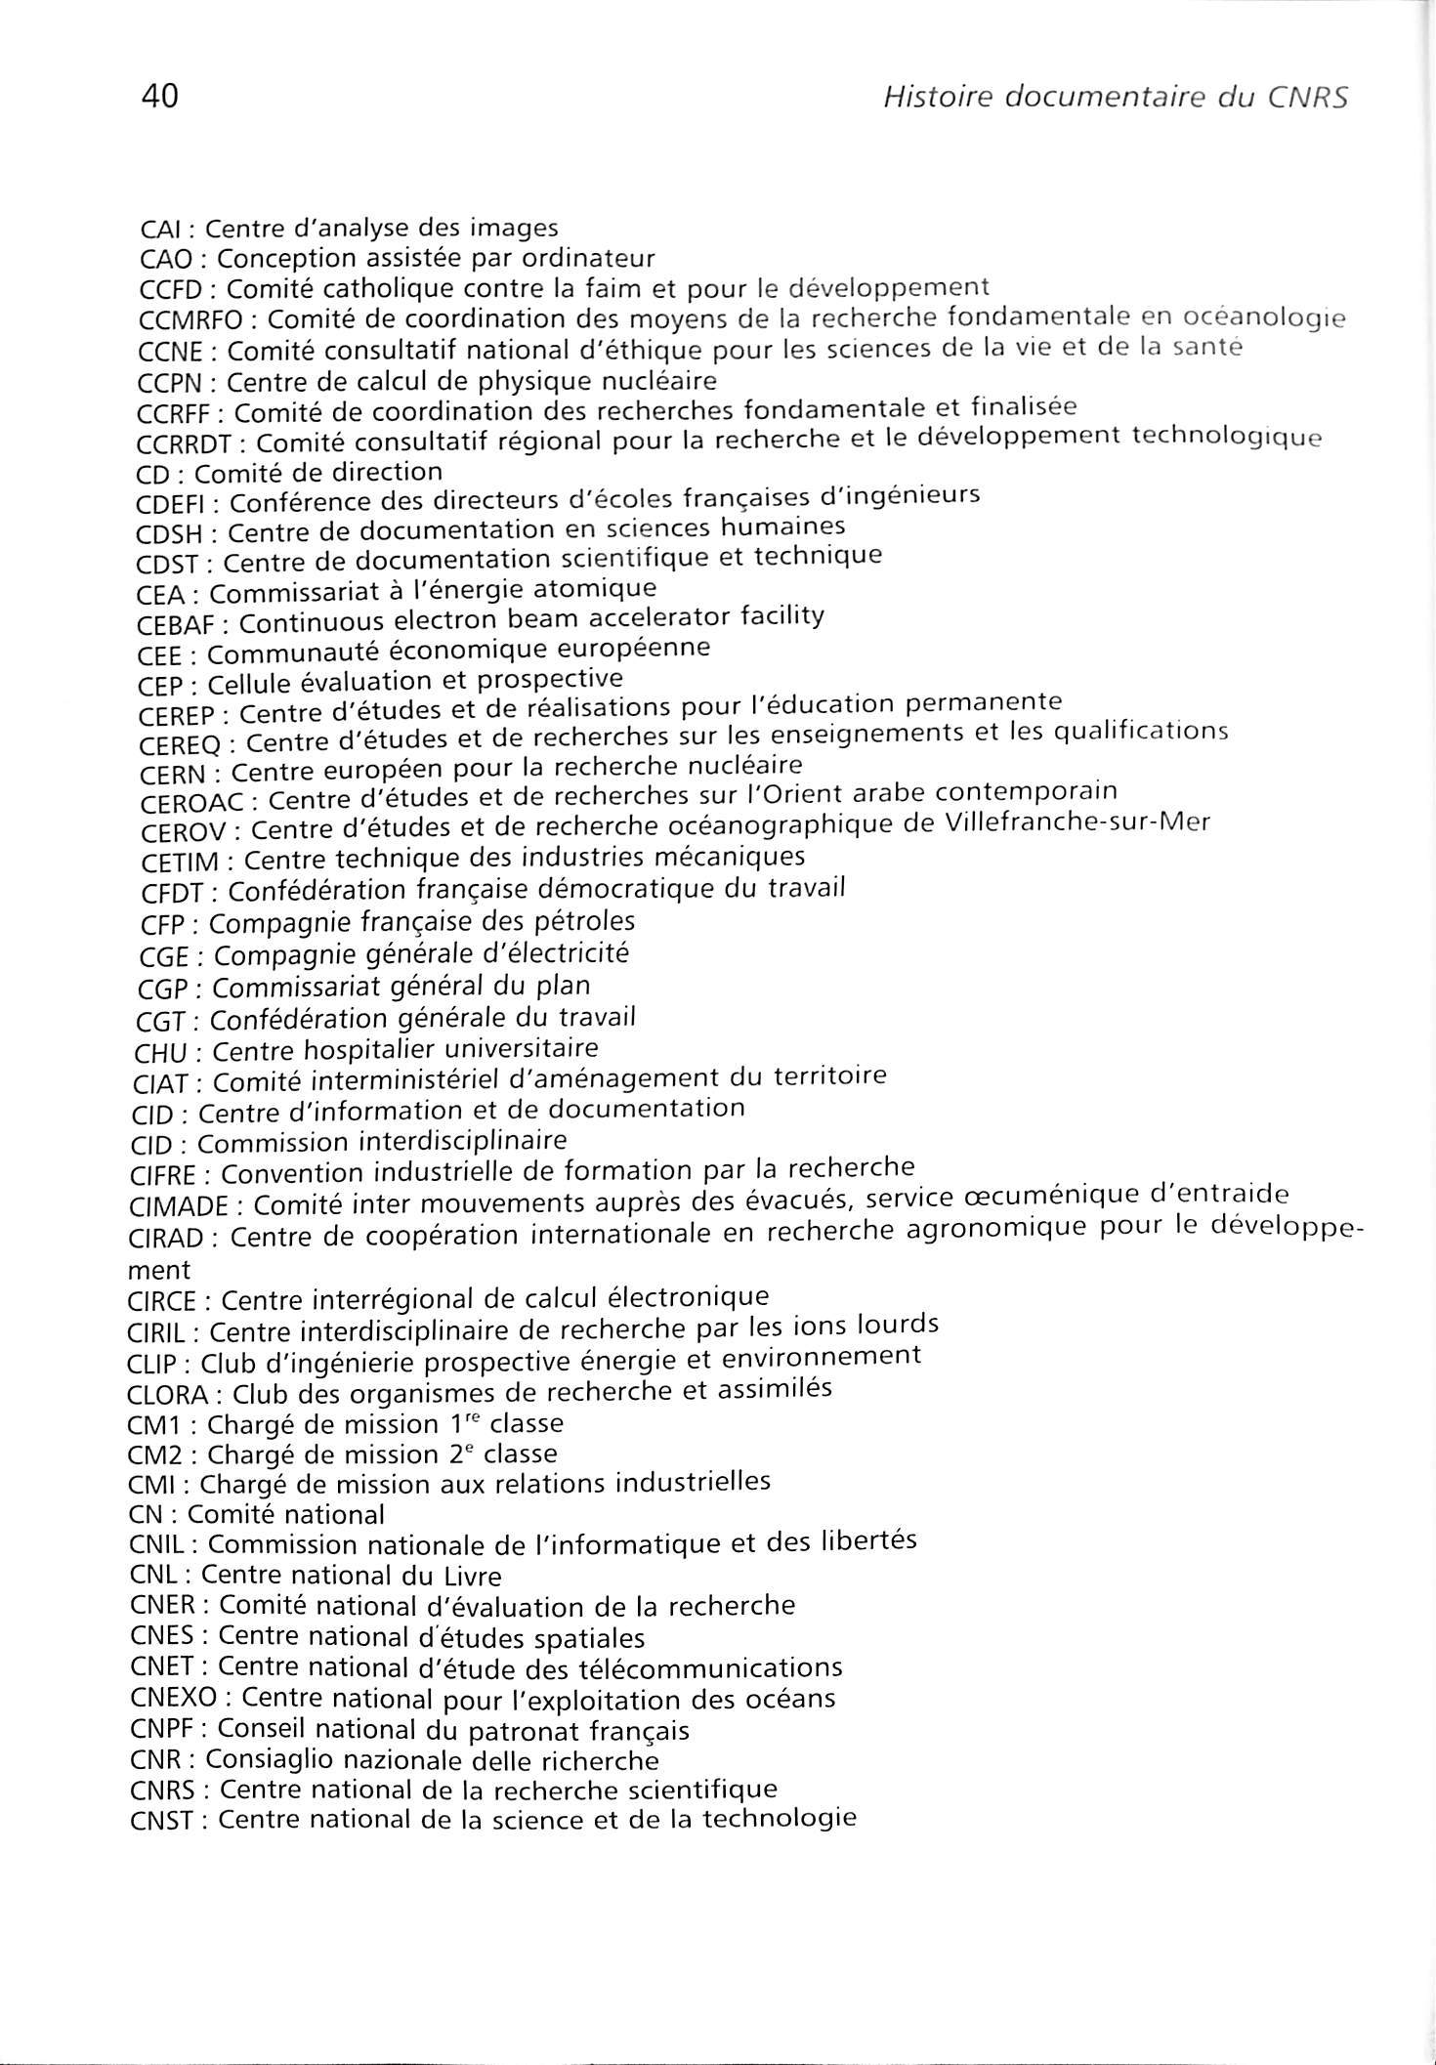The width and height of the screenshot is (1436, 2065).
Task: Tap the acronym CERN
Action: (173, 774)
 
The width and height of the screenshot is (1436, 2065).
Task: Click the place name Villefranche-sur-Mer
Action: (1077, 822)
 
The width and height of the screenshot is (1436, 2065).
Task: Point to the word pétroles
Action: (582, 921)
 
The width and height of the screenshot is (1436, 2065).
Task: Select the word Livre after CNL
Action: (465, 1576)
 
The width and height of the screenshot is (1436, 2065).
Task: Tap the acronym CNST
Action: (160, 1821)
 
